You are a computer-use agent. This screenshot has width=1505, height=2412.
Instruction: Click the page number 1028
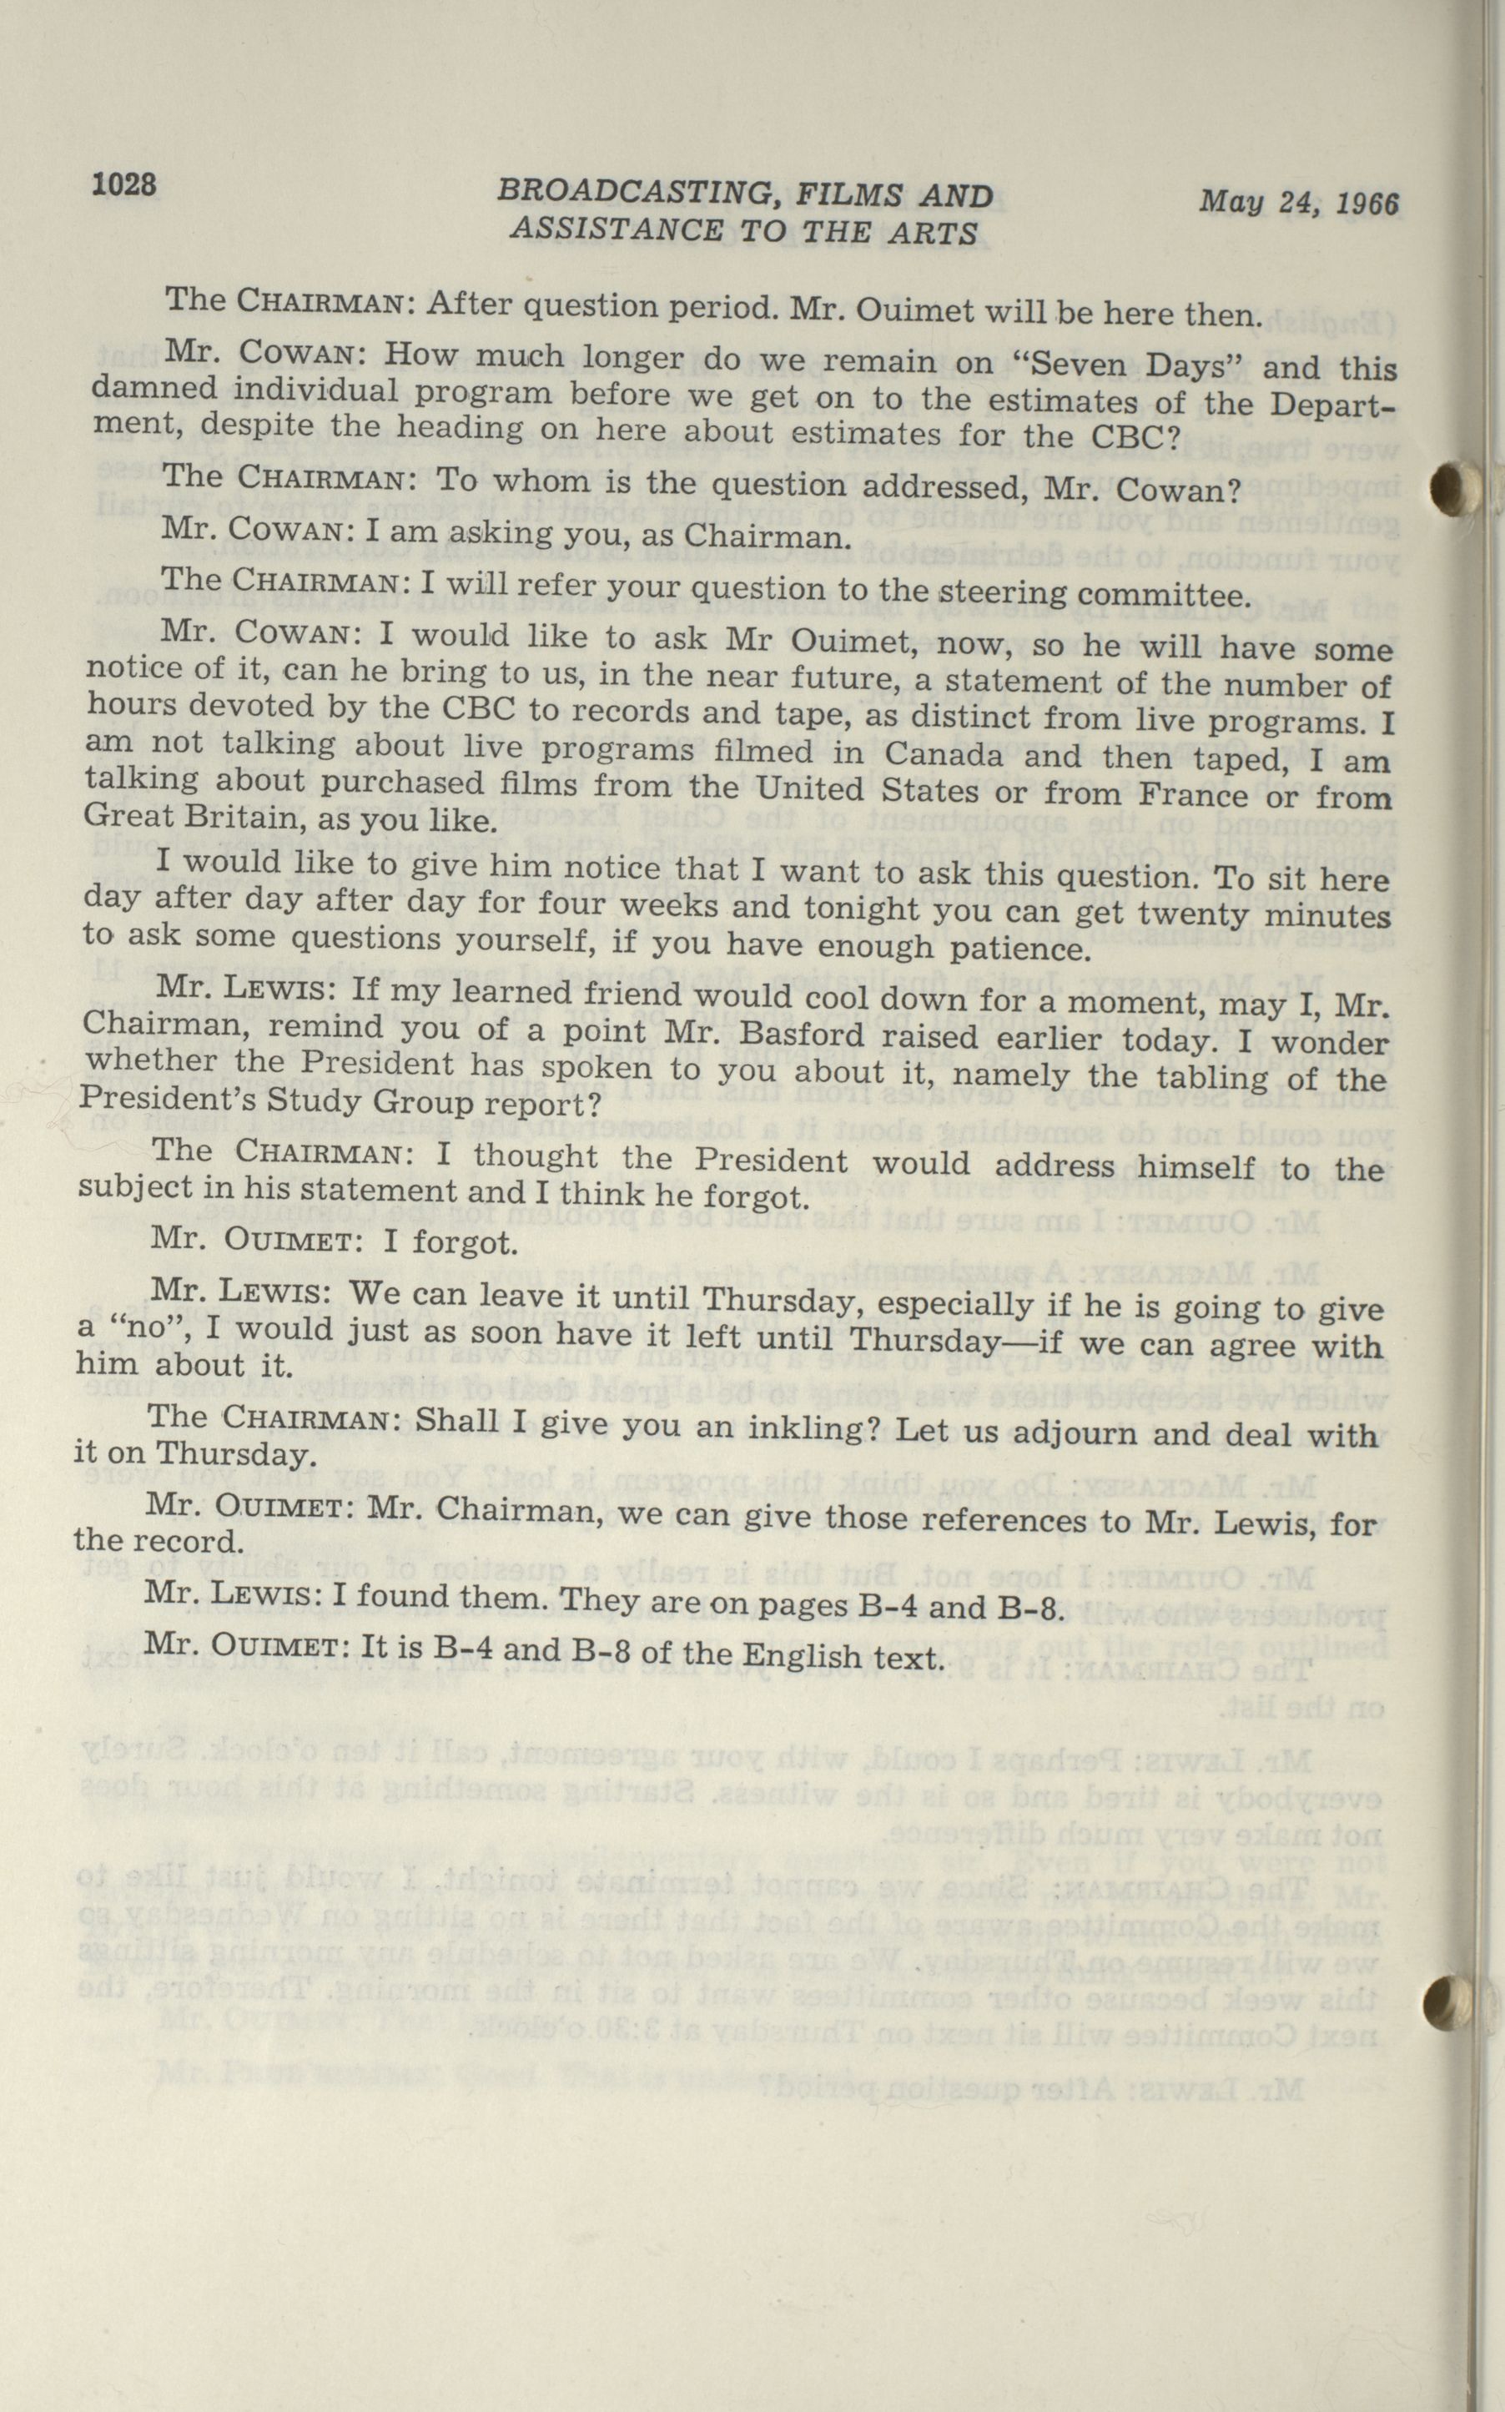pyautogui.click(x=124, y=184)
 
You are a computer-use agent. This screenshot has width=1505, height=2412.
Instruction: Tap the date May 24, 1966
pyautogui.click(x=1298, y=202)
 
